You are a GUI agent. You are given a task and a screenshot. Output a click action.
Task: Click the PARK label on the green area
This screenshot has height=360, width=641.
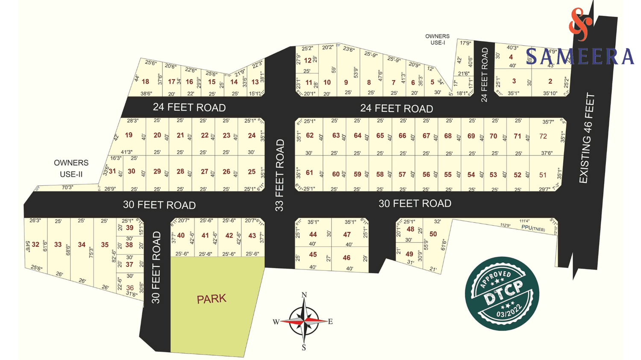click(212, 299)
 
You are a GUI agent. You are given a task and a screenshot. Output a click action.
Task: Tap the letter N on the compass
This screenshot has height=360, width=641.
click(304, 295)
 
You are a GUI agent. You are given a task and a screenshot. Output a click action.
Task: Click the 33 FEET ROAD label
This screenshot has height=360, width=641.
click(279, 175)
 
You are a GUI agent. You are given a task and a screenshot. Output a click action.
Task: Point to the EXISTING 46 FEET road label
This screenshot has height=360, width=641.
click(586, 138)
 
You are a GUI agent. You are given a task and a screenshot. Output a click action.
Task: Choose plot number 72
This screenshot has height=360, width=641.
click(543, 136)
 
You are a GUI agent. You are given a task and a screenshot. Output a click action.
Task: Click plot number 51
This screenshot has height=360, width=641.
click(543, 175)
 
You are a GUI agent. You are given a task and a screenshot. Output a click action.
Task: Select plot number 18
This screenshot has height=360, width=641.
click(145, 82)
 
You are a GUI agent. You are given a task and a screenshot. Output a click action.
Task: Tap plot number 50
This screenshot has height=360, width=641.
click(433, 234)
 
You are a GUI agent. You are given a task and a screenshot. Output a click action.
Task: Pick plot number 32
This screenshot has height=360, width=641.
click(35, 245)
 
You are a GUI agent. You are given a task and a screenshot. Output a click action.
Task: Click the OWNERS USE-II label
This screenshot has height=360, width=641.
click(71, 169)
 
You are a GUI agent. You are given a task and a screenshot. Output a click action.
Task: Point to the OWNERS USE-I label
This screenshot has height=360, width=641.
click(437, 39)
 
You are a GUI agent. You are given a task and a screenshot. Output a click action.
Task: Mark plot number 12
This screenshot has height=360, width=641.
click(308, 61)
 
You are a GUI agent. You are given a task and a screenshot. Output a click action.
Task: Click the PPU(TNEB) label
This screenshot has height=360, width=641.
click(533, 228)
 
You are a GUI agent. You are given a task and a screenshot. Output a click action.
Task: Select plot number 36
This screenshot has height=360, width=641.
click(130, 288)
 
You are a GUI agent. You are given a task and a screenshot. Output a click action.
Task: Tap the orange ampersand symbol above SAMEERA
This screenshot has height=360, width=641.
click(580, 24)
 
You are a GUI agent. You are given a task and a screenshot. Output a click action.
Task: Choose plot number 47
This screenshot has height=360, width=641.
click(347, 235)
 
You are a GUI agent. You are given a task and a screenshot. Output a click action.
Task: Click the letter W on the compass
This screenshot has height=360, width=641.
click(276, 322)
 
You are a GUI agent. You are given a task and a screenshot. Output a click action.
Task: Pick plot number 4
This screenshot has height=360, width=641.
click(511, 57)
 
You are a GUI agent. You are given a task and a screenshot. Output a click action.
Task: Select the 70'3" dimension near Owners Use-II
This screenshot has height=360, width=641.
click(68, 187)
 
